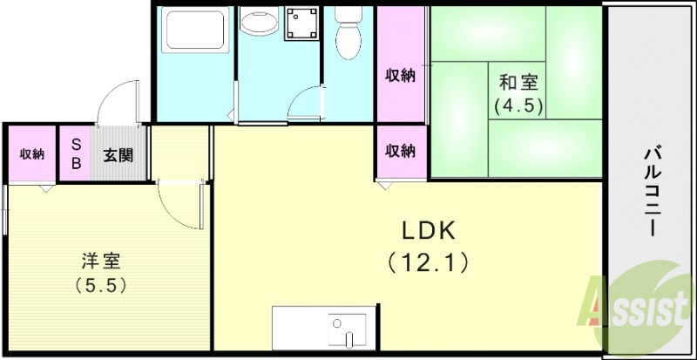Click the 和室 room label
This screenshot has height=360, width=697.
518,84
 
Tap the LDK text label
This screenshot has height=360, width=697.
429,230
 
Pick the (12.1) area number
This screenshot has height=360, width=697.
429,260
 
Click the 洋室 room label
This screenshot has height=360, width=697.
101,261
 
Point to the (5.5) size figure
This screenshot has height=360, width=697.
101,284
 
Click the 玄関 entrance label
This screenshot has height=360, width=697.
118,155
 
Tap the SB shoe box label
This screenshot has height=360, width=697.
76,154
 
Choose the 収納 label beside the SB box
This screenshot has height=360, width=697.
32,154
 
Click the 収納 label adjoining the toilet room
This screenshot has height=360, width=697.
401,76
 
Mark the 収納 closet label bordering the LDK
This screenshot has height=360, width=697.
401,151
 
